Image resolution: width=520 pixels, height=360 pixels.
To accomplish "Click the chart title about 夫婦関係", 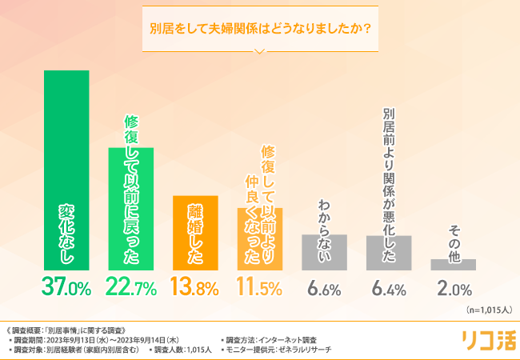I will pos(260,30).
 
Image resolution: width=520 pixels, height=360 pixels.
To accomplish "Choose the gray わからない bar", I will pos(324,251).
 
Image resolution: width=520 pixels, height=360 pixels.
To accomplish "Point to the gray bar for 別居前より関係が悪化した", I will pos(389,252).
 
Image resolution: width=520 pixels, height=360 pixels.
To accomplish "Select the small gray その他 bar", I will pos(454,264).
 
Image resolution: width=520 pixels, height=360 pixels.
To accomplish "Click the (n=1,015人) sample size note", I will pos(483,310).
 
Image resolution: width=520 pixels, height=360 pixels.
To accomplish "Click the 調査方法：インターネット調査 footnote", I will pos(272,338).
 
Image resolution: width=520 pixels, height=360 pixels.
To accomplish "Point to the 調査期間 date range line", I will pos(99,338).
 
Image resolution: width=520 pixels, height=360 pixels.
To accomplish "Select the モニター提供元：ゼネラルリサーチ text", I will pos(280,350).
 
